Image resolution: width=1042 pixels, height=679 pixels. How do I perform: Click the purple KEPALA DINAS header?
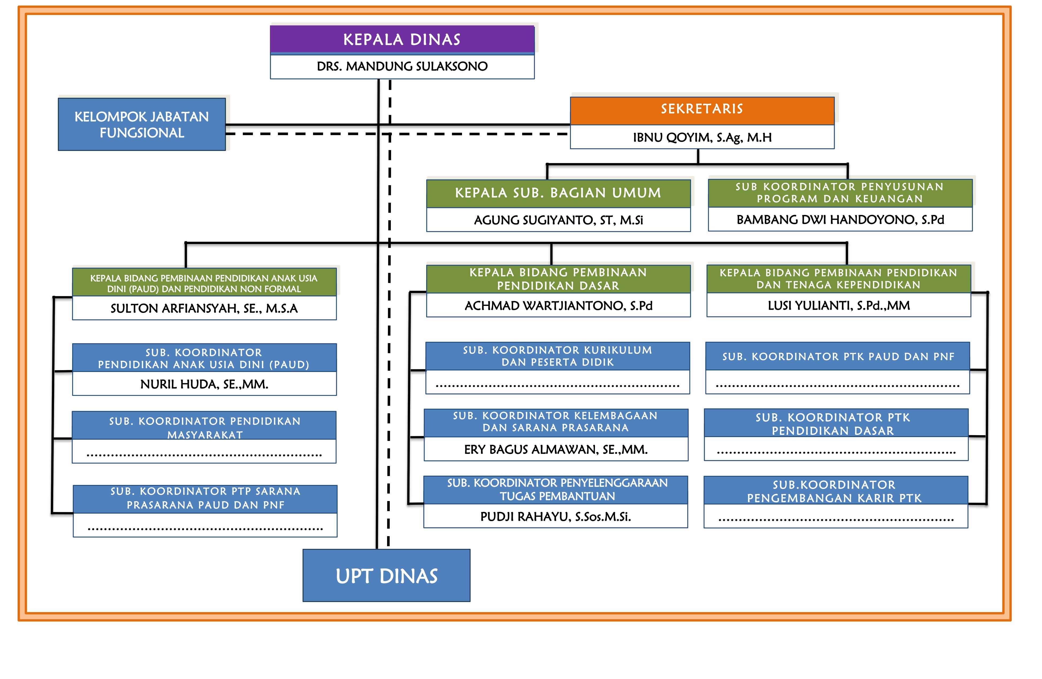pos(402,39)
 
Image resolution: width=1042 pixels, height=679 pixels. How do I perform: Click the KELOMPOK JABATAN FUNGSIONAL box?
pos(142,124)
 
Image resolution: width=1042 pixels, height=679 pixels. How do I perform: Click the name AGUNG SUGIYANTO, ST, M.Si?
pos(558,220)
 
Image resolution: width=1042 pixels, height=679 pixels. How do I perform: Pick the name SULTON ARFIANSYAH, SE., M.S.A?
pos(204,308)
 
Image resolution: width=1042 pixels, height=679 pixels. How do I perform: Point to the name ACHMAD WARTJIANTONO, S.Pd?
pos(558,306)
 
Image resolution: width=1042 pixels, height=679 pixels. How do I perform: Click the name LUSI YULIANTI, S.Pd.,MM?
pos(838,306)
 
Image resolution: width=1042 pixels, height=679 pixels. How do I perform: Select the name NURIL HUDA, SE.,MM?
pos(204,384)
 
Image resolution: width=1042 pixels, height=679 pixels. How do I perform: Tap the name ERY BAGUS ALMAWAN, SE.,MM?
pos(556,449)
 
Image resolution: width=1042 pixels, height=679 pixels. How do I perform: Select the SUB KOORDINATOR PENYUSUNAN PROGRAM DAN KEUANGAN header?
pos(840,193)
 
